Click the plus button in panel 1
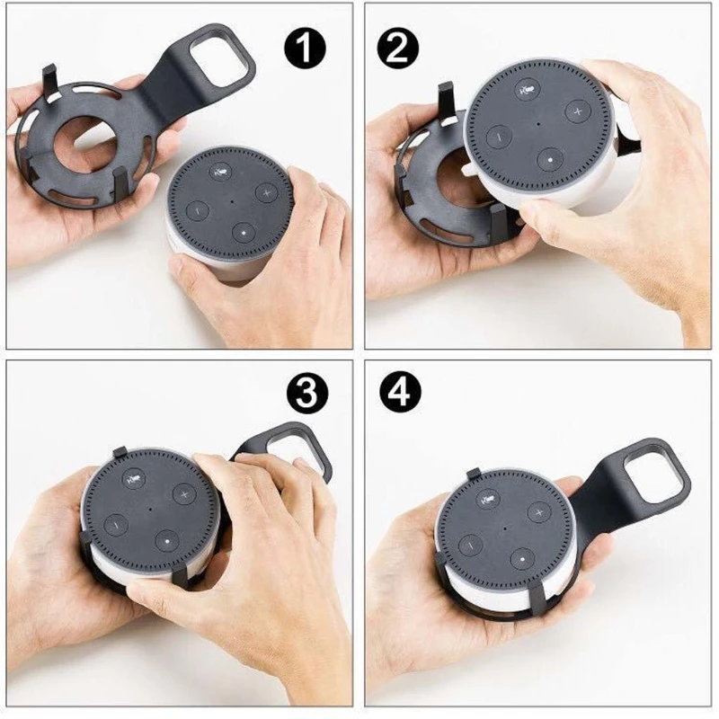(x=266, y=192)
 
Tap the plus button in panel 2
(x=576, y=111)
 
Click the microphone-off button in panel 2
(x=528, y=90)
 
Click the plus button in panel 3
(x=183, y=494)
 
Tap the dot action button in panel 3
(x=165, y=539)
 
